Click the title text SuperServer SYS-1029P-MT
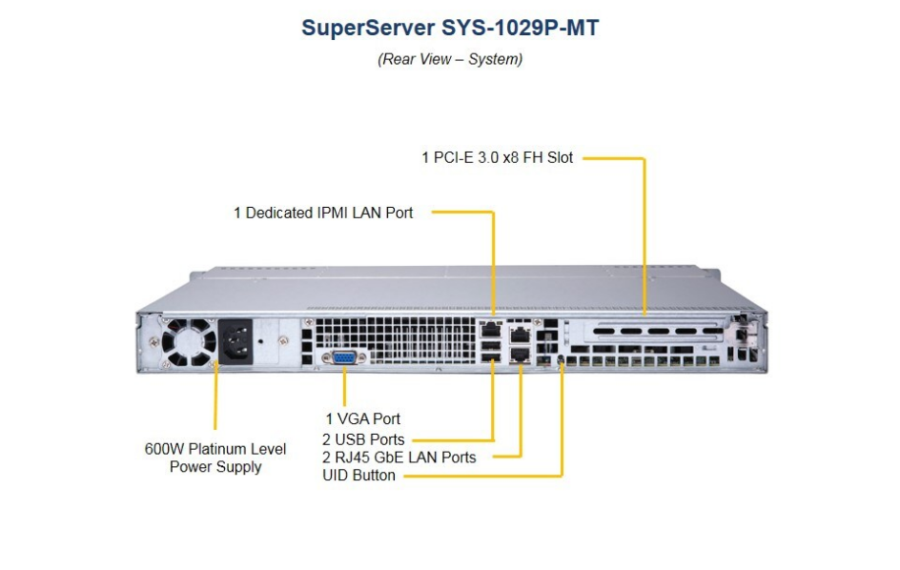[450, 28]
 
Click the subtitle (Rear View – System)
[450, 59]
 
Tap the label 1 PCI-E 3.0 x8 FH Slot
[498, 157]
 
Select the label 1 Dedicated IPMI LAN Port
[323, 213]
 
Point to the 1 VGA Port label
[362, 418]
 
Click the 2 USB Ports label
[363, 439]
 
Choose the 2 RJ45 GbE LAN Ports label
[399, 458]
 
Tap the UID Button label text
[358, 475]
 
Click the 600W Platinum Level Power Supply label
[215, 458]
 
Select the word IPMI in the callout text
[334, 213]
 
